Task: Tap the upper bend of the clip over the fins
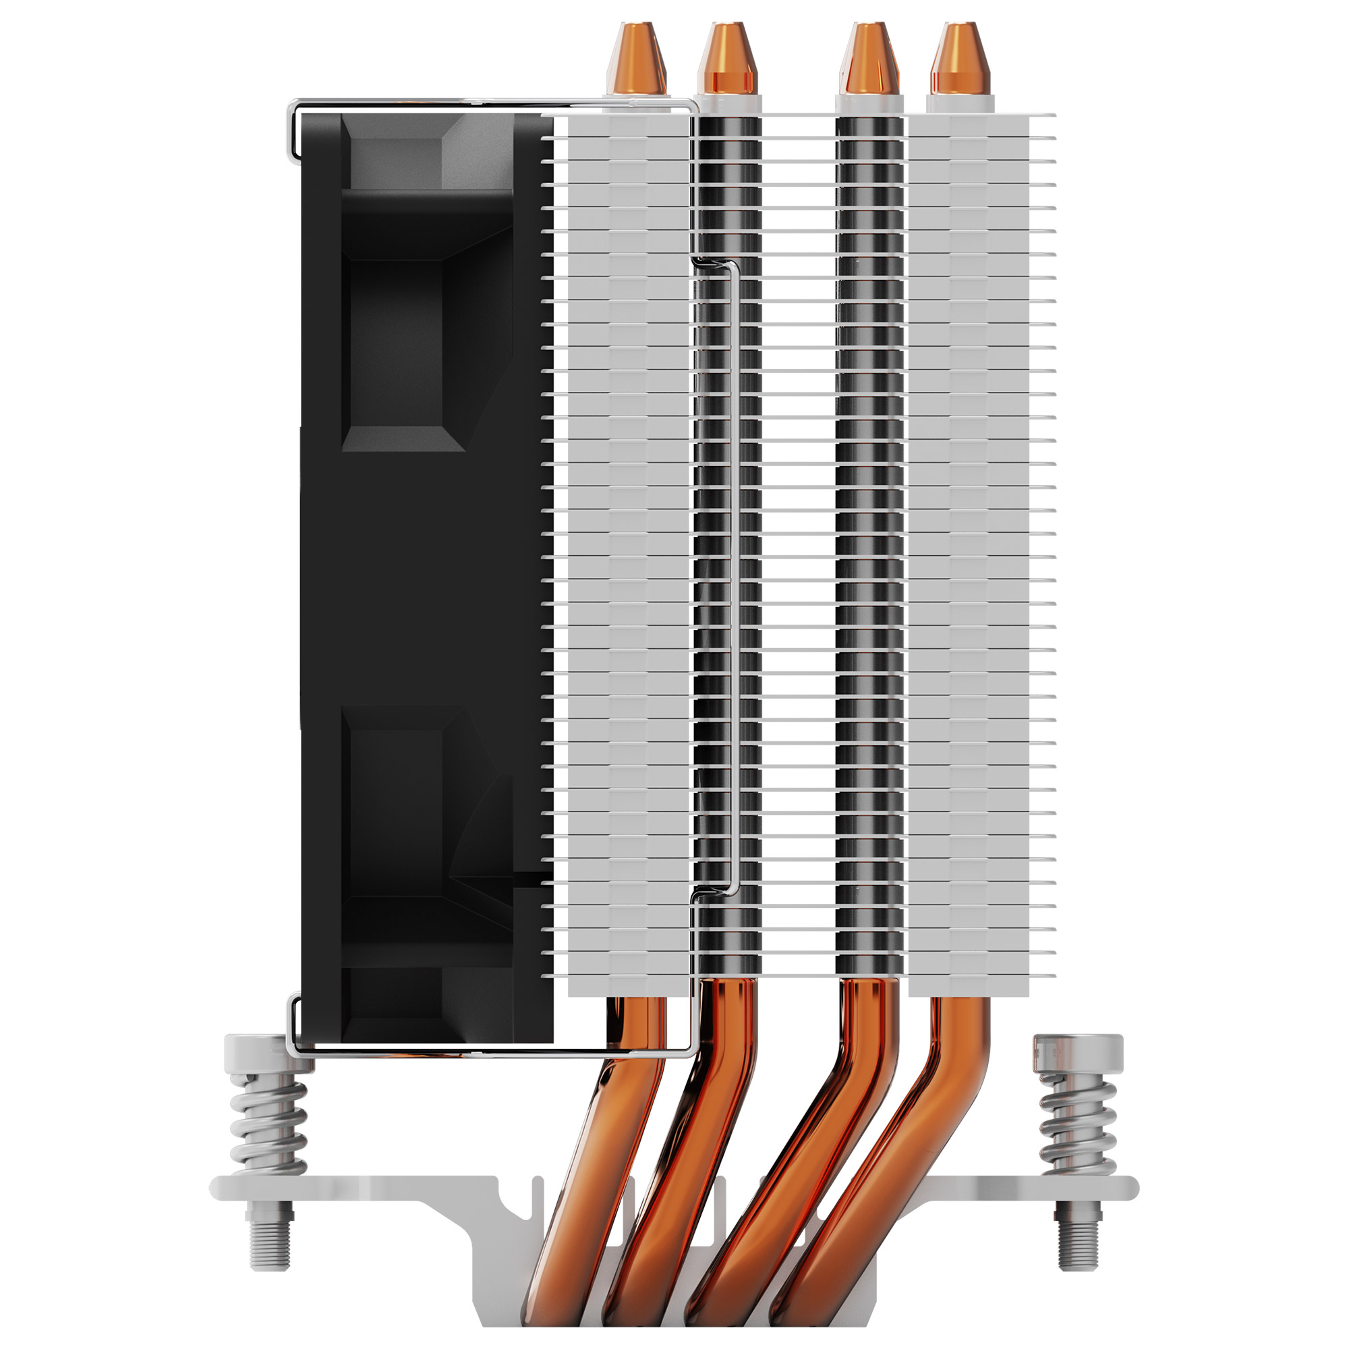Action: coord(712,263)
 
